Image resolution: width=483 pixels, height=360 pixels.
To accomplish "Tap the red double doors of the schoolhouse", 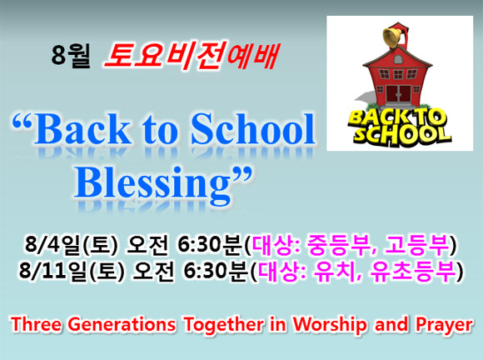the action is pos(399,93).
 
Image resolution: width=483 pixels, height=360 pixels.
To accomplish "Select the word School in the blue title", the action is pos(252,129).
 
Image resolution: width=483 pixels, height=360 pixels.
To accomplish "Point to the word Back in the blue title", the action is pos(82,129).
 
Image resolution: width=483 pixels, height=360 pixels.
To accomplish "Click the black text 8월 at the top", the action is pos(71,56).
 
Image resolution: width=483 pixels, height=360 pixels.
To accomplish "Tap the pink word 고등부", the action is pos(416,245).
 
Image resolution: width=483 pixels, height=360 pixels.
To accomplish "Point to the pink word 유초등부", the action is pos(413,272).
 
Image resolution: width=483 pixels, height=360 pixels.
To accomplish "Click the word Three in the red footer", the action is pos(36,324).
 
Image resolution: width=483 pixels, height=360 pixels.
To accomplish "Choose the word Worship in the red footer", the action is pos(330,325).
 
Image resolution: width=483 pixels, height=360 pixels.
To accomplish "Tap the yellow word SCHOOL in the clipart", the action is pos(402,135).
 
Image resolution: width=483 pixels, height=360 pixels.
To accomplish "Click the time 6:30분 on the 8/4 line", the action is pos(210,245).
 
